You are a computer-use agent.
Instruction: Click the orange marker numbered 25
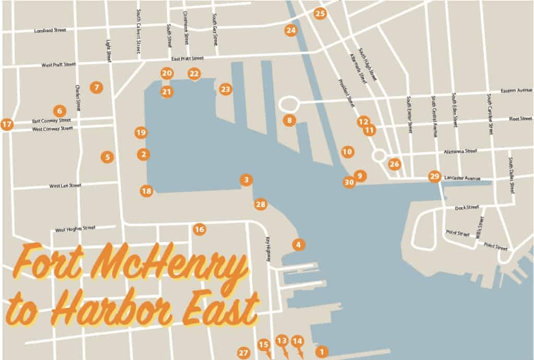pyautogui.click(x=320, y=14)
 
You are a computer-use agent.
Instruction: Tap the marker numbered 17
pyautogui.click(x=7, y=124)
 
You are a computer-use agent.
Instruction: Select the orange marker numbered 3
pyautogui.click(x=246, y=180)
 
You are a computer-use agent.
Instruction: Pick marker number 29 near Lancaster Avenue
pyautogui.click(x=434, y=176)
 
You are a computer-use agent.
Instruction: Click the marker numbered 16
pyautogui.click(x=199, y=229)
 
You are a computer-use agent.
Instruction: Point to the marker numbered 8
pyautogui.click(x=289, y=121)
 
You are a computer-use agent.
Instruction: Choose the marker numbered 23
pyautogui.click(x=225, y=89)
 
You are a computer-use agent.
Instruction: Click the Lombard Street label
pyautogui.click(x=50, y=30)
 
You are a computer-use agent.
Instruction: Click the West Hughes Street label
pyautogui.click(x=75, y=229)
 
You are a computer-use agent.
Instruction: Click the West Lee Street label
pyautogui.click(x=65, y=185)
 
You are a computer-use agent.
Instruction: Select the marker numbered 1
pyautogui.click(x=322, y=352)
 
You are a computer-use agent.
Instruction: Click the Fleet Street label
pyautogui.click(x=520, y=119)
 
